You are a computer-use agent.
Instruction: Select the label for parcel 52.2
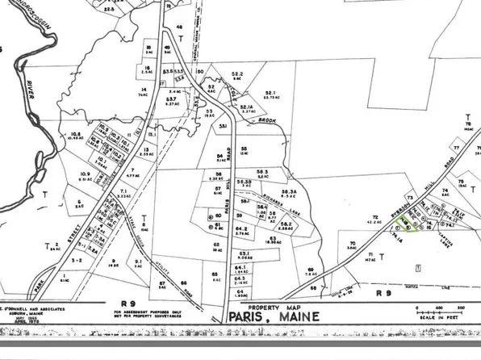[237, 74]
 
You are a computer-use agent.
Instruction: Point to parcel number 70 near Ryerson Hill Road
[353, 242]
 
